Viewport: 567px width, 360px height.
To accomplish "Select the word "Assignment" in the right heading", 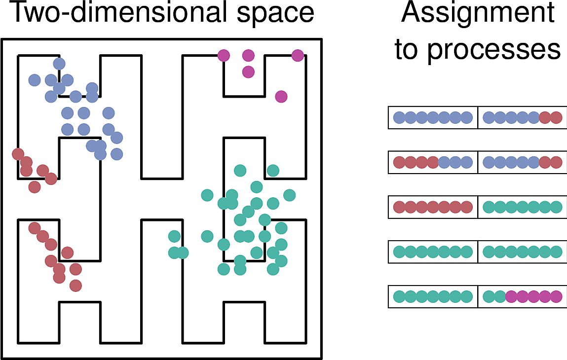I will pyautogui.click(x=478, y=13).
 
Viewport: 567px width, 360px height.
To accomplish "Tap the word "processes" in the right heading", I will pyautogui.click(x=494, y=49).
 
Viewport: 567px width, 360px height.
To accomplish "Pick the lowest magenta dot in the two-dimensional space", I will pyautogui.click(x=281, y=97).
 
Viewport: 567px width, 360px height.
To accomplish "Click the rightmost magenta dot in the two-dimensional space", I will pyautogui.click(x=297, y=56).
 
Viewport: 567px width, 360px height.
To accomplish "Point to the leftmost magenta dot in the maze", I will pyautogui.click(x=224, y=55).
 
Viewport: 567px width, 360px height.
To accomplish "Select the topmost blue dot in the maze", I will pyautogui.click(x=59, y=64).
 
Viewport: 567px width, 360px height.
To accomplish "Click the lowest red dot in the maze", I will pyautogui.click(x=76, y=286).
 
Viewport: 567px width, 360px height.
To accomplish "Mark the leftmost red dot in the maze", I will pyautogui.click(x=18, y=154).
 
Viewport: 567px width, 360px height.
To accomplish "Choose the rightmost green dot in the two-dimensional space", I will pyautogui.click(x=289, y=195).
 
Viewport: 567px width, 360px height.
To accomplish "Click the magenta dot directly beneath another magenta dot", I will pyautogui.click(x=248, y=72).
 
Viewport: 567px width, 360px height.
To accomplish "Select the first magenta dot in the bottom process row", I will pyautogui.click(x=510, y=296).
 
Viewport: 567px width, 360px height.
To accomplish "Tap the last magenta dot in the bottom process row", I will pyautogui.click(x=556, y=296).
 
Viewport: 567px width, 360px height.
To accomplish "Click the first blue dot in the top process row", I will pyautogui.click(x=399, y=118).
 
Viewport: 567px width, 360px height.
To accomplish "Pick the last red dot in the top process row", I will pyautogui.click(x=556, y=118).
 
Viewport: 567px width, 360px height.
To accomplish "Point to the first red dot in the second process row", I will pyautogui.click(x=399, y=162).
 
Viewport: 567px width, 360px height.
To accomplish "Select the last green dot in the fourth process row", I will pyautogui.click(x=556, y=252).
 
